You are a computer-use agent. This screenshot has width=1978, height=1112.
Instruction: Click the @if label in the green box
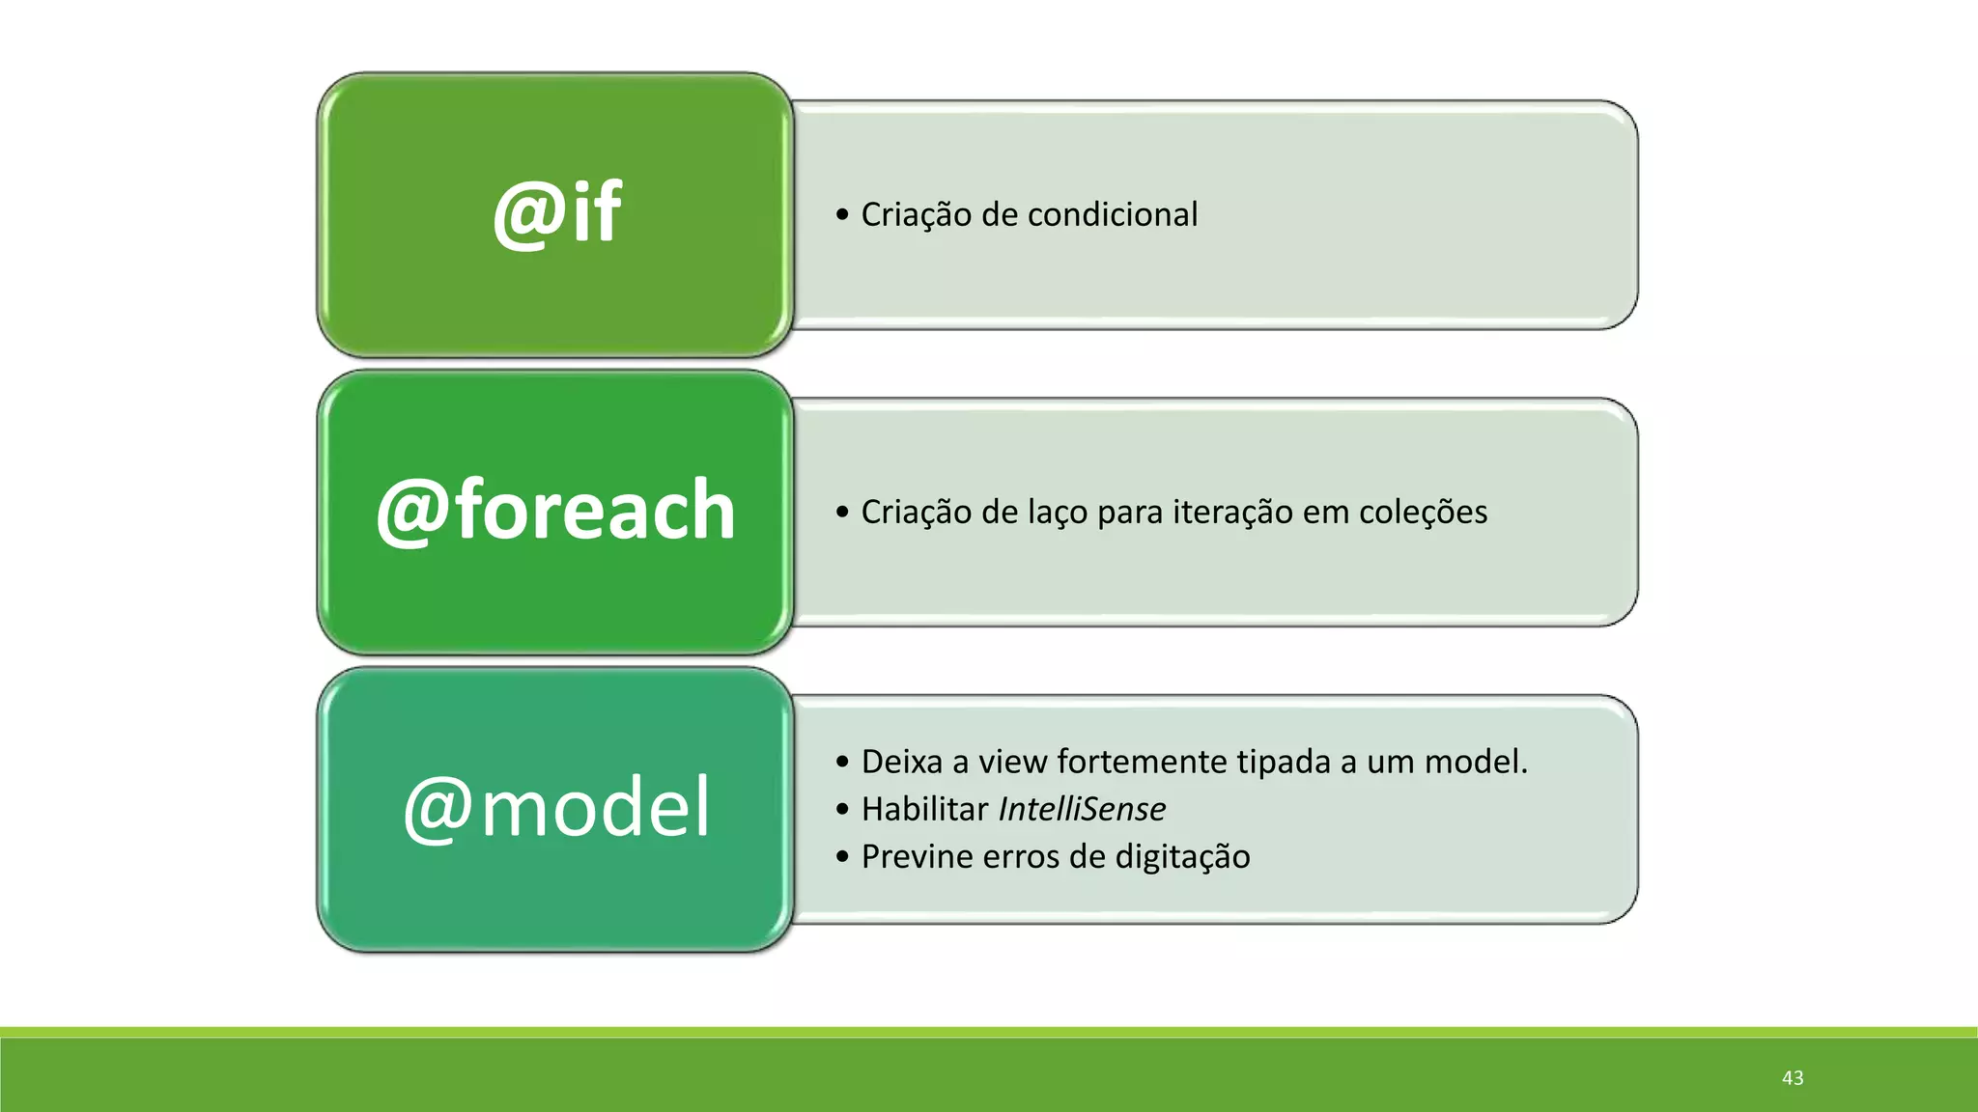click(557, 213)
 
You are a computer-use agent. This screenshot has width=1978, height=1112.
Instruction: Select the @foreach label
click(555, 511)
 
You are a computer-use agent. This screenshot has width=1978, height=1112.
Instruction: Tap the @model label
click(557, 808)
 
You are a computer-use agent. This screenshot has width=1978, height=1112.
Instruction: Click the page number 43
click(1793, 1077)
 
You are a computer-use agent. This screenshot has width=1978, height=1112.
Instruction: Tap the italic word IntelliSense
click(1082, 809)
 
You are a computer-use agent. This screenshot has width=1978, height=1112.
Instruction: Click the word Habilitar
click(924, 809)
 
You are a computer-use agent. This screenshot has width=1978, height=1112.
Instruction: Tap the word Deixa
click(901, 762)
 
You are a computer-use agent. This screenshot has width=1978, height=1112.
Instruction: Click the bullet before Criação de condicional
click(842, 214)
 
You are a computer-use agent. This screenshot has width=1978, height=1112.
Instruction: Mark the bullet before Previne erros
click(842, 857)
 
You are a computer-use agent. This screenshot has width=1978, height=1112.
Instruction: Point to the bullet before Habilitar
click(842, 809)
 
